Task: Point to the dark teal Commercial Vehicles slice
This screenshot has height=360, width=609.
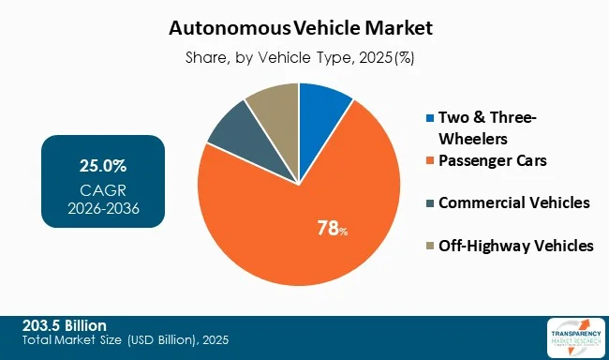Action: pos(231,131)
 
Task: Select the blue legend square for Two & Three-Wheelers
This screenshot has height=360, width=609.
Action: pos(430,118)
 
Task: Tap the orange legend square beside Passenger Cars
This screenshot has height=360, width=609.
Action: pos(430,161)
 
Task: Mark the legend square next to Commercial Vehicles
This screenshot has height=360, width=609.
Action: pos(430,203)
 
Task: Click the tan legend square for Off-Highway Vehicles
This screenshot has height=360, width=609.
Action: pos(430,247)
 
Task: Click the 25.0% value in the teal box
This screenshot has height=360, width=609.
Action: pos(103,166)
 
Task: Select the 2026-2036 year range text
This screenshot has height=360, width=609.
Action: pos(103,207)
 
